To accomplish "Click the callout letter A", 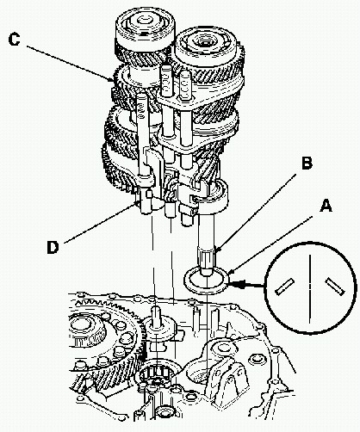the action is coord(326,207).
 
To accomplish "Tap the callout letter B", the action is coord(307,164).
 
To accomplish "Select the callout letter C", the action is coord(15,40).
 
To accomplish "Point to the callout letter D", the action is coord(53,247).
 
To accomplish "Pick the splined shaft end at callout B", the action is coord(207,257).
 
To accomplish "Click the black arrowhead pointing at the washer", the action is coord(239,285).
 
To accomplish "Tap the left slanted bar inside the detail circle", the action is coord(284,287).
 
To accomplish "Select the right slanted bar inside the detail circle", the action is coord(335,287).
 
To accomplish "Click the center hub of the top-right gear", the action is coord(206,43).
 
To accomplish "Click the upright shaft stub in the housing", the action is coord(156,316).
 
